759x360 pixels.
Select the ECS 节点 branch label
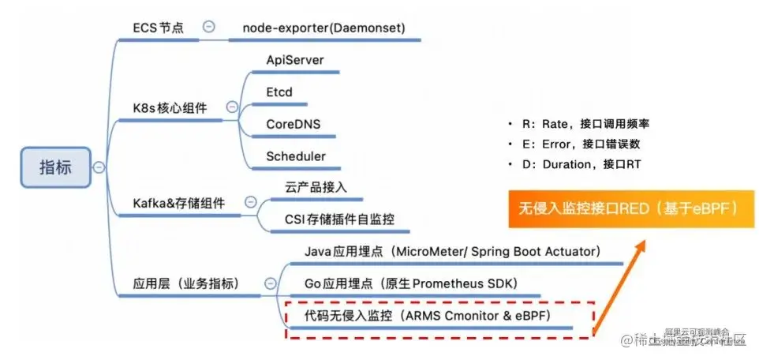click(158, 28)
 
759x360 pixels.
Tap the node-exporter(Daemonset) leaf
click(323, 28)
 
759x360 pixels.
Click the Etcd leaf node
click(279, 92)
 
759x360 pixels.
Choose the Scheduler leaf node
click(296, 156)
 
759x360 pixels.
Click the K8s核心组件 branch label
click(170, 107)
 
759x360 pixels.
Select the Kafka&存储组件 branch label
click(178, 203)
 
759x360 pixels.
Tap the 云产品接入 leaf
click(316, 187)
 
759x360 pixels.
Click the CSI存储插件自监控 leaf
click(339, 219)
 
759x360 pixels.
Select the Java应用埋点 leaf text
click(453, 251)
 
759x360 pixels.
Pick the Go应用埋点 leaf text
click(410, 283)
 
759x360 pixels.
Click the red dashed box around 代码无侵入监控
click(439, 319)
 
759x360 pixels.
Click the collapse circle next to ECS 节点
click(209, 26)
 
